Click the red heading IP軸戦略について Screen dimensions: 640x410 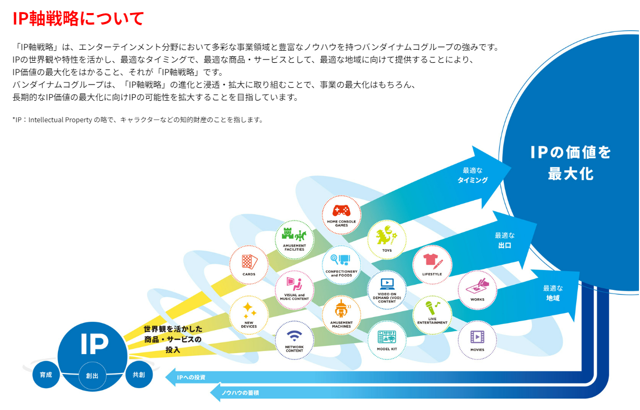tap(78, 19)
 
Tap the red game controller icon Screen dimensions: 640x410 tap(341, 210)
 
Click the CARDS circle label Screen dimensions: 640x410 tap(248, 274)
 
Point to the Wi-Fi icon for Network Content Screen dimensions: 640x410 tap(294, 336)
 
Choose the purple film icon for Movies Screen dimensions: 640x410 tap(477, 337)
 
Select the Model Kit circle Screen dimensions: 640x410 tap(387, 339)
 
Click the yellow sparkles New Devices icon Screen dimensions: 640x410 tap(249, 310)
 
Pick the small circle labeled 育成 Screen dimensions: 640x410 tap(46, 374)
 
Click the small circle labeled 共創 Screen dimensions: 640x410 tap(139, 374)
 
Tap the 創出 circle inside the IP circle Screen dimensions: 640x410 tap(92, 376)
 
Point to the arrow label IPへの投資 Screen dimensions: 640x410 tap(191, 378)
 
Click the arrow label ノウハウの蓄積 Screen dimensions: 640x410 tap(240, 393)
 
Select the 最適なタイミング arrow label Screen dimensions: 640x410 tap(472, 175)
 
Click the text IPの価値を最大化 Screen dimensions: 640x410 tap(571, 163)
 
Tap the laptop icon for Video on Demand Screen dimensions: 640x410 tap(387, 284)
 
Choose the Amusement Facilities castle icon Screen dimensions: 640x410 tap(294, 235)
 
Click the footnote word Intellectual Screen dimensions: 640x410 tap(46, 120)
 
